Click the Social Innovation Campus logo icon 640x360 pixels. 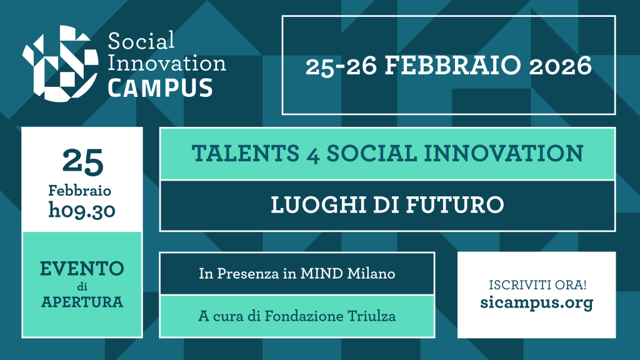(61, 63)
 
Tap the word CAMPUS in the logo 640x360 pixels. (161, 88)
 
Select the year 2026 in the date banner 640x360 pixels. (561, 66)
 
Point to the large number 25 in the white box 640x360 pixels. (83, 162)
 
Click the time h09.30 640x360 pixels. (82, 211)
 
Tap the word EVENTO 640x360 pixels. (82, 269)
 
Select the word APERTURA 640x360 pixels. (82, 302)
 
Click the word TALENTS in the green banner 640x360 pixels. (246, 154)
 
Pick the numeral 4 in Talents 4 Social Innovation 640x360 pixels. (313, 155)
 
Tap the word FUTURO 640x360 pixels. (455, 204)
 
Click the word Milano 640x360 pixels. (371, 274)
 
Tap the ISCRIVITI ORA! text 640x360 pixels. (537, 285)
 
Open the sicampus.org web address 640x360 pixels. (537, 303)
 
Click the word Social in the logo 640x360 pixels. (141, 41)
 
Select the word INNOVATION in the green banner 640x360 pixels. (504, 154)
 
